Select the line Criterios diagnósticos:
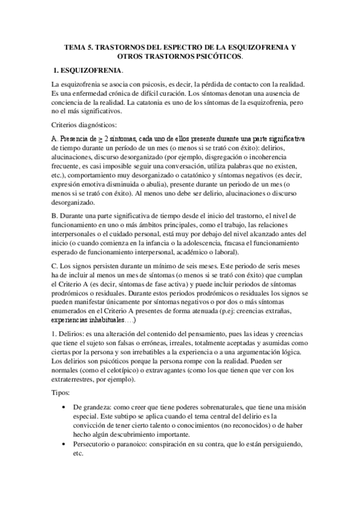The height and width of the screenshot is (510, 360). tap(85, 124)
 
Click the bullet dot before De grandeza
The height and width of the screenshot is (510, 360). tap(65, 407)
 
